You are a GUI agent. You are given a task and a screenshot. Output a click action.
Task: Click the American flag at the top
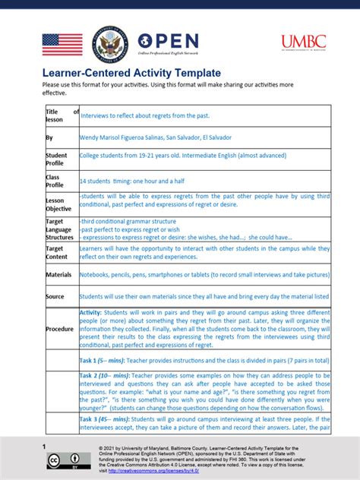pos(62,44)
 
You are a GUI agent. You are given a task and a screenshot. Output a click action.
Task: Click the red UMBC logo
pos(304,43)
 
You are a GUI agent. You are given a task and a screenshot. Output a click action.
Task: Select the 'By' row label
pos(49,137)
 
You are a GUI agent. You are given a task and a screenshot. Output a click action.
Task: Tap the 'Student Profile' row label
pos(57,159)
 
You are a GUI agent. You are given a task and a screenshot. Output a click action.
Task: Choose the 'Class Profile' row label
pos(55,181)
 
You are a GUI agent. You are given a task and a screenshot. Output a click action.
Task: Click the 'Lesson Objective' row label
pos(59,204)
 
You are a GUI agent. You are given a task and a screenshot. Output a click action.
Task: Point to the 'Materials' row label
pos(58,274)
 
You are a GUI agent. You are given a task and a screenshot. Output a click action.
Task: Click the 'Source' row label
pos(55,296)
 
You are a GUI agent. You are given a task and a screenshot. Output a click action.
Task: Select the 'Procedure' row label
pos(60,329)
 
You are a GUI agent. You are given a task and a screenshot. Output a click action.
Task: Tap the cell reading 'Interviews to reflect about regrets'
pos(144,115)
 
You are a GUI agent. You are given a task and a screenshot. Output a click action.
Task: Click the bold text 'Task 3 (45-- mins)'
pos(106,418)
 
